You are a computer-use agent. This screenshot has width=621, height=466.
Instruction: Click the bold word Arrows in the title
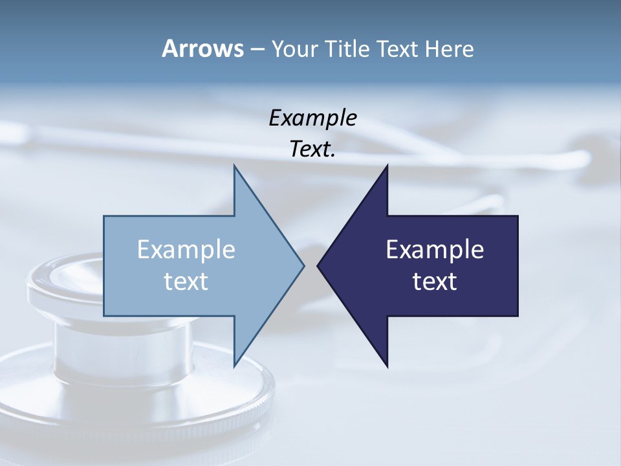coord(202,49)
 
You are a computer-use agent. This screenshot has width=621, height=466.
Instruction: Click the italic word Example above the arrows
coord(312,118)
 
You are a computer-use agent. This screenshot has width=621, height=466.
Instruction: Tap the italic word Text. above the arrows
coord(312,150)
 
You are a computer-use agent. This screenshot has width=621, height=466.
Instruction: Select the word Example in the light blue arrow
coord(186,250)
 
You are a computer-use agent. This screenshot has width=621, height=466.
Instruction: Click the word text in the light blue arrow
coord(186,282)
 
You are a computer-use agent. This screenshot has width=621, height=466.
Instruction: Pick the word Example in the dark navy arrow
coord(435,250)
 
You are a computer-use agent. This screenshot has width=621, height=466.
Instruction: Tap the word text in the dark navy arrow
coord(435,282)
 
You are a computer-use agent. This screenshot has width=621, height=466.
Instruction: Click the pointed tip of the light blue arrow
coord(303,265)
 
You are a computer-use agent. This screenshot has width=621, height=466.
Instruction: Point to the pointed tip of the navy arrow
coord(318,265)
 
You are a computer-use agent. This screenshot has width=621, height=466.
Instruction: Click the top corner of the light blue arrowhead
coord(234,166)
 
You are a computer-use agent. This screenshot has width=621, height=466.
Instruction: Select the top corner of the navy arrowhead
coord(387,166)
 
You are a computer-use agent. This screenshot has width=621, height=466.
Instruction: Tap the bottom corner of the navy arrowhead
coord(387,366)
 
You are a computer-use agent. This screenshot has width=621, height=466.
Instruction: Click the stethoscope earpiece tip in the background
coord(576,158)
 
